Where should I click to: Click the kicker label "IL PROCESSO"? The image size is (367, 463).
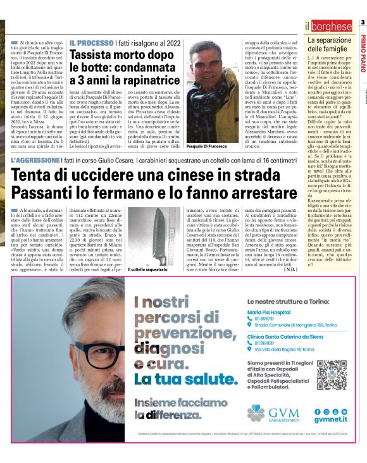click(92, 42)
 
